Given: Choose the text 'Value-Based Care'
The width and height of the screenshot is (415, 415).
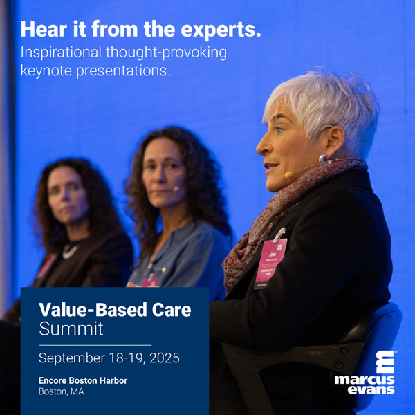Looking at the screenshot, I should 114,310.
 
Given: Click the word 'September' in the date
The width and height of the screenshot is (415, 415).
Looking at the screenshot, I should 68,358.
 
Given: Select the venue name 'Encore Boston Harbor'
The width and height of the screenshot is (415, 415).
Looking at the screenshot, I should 83,380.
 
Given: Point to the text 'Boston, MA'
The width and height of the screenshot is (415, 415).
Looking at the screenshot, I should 62,392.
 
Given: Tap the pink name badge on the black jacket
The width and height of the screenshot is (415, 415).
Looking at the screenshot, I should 270,257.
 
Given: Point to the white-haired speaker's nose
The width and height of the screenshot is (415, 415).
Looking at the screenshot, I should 259,147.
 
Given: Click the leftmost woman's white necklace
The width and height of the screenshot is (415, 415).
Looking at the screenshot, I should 71,251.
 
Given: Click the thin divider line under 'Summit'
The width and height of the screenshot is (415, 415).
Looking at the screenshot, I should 95,344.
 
